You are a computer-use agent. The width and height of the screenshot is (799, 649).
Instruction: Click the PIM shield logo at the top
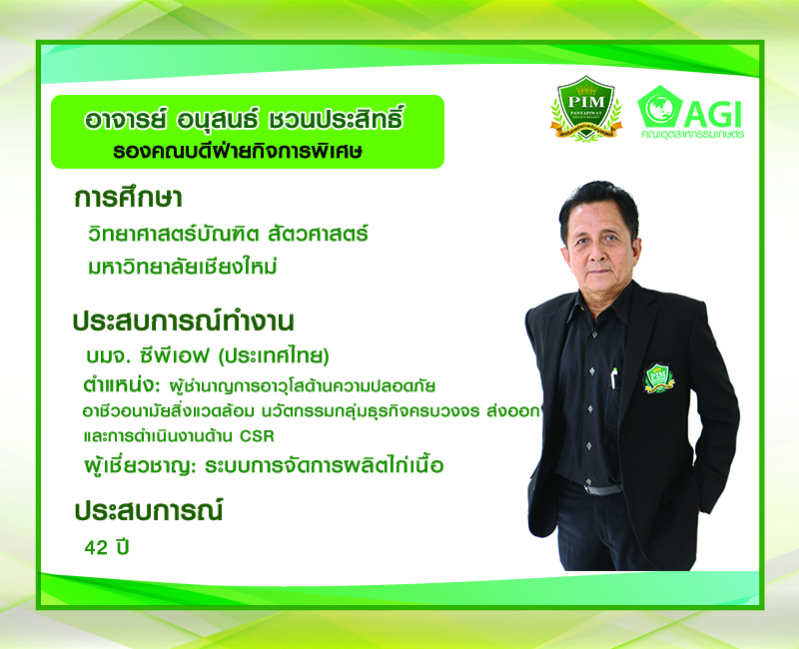click(586, 109)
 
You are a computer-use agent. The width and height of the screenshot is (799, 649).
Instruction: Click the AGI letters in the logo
click(712, 115)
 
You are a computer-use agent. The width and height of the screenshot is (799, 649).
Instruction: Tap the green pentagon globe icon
click(659, 107)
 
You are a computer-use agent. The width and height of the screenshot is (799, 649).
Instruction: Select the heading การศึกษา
click(128, 198)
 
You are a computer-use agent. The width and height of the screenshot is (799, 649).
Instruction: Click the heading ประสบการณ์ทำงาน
click(184, 321)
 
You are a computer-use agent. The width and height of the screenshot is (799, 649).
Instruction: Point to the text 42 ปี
click(107, 547)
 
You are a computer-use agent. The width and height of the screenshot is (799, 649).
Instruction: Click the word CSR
click(257, 436)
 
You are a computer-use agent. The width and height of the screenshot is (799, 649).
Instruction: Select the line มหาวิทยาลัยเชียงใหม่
click(182, 267)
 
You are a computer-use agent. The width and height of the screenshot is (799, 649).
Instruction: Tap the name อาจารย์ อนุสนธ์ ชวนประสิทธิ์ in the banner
click(245, 120)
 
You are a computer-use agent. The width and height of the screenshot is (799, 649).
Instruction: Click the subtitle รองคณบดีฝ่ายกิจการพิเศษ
click(238, 152)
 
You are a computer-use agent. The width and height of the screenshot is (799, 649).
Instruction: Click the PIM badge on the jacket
click(658, 377)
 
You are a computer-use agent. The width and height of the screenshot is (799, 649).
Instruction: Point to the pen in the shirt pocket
click(614, 378)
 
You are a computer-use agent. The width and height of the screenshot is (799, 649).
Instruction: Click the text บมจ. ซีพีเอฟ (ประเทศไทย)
click(208, 356)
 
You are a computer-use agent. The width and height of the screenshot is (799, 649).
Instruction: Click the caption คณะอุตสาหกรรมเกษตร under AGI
click(692, 135)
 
